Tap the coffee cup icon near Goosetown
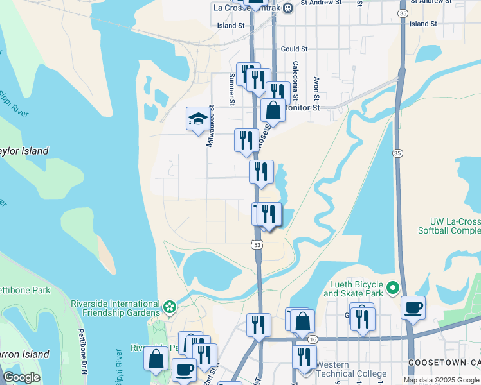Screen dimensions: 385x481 [x=412, y=307]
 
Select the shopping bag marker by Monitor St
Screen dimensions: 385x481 [x=273, y=110]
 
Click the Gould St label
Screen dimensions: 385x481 [x=295, y=49]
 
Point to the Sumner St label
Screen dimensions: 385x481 [x=231, y=89]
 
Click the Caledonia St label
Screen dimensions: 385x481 [x=296, y=81]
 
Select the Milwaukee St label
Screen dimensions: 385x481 [x=210, y=128]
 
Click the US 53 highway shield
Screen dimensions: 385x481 [x=257, y=244]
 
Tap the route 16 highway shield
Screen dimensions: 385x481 [x=313, y=339]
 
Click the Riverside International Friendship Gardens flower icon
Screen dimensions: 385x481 [x=168, y=307]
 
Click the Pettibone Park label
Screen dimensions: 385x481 [x=24, y=290]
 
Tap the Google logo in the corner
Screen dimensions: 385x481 [x=21, y=377]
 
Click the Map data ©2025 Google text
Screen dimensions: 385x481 [x=441, y=380]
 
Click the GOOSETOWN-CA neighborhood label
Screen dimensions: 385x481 [x=444, y=363]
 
